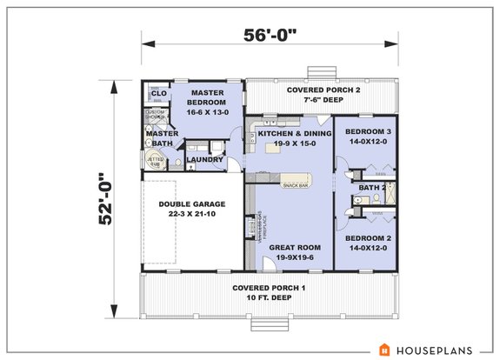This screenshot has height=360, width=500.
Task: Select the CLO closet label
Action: coord(158,93)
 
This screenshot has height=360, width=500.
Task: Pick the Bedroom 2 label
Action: coord(366,237)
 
